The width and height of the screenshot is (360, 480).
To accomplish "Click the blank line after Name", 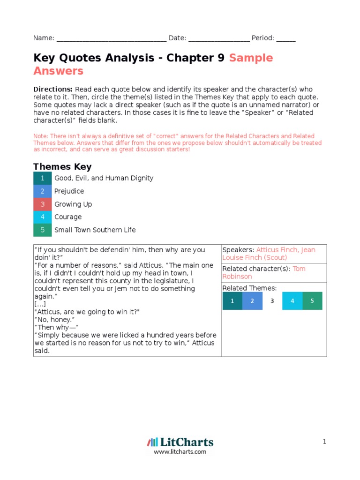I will (111, 39).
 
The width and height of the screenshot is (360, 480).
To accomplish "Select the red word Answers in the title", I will (58, 71).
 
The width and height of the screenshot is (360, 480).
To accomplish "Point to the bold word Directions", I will (52, 90).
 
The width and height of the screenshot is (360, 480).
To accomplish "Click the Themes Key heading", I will (62, 167).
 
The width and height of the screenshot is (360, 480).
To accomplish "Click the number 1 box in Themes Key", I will (42, 178).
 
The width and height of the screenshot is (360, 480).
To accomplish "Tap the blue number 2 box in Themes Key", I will (42, 191).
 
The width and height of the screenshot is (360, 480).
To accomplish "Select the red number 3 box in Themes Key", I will (42, 204).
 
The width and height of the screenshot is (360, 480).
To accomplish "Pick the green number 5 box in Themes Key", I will (42, 230).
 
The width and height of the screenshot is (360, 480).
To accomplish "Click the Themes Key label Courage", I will (68, 217).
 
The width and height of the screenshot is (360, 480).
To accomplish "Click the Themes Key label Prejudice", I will (69, 191).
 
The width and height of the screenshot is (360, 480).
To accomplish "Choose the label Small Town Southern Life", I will (95, 230).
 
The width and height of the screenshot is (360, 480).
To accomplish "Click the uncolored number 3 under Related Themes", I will (272, 301).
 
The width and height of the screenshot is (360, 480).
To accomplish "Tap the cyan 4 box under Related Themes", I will (292, 301).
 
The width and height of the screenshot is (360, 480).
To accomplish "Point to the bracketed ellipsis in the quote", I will (40, 304).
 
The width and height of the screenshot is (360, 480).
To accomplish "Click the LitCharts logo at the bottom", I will (180, 442).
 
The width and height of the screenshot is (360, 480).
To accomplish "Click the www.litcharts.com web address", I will (180, 452).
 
